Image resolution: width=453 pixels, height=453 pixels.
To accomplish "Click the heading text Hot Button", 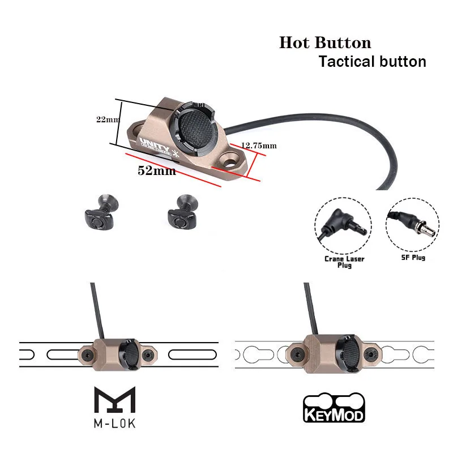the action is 324,43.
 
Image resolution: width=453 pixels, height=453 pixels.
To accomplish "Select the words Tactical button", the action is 372,62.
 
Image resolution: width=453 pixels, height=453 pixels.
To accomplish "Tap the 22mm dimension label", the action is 108,119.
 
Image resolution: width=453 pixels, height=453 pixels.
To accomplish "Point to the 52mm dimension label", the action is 157,170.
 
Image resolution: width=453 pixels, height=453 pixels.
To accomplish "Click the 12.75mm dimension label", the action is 259,146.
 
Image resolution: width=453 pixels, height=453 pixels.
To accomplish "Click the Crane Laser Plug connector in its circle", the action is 339,226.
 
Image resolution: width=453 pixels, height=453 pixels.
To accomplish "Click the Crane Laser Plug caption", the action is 344,262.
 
